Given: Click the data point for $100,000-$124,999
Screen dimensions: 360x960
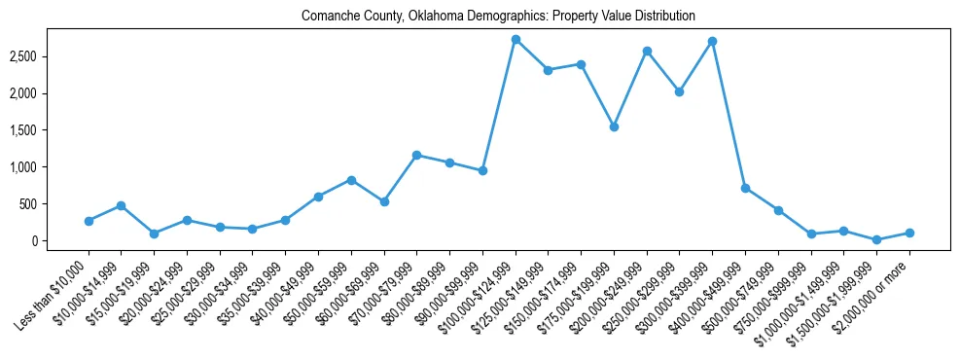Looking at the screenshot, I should pos(516,40).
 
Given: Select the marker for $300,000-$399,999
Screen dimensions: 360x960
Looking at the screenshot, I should pos(713,42).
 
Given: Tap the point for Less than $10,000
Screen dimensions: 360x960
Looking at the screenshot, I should pos(89,221).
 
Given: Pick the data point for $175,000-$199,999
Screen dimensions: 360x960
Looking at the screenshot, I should pos(614,126).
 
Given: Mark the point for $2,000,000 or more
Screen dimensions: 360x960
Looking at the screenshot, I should pos(909,233).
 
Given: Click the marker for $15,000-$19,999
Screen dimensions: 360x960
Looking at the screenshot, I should pos(155,234).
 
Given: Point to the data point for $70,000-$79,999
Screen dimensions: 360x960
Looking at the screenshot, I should pos(417,155).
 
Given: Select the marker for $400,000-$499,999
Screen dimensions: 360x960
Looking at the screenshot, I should pos(745,188).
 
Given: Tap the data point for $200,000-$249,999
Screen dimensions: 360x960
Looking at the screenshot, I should pos(647,51).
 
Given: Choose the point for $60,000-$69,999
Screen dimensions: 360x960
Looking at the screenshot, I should pos(384,201).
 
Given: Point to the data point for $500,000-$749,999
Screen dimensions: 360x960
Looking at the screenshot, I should pos(778,210).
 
